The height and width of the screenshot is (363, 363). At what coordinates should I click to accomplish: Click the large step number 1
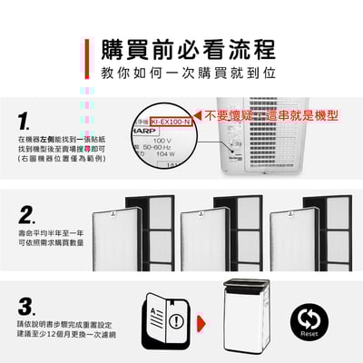[x=25, y=121]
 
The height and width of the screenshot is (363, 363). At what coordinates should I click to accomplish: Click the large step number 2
[x=27, y=215]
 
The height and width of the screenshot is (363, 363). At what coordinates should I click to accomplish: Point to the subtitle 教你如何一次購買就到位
[x=181, y=71]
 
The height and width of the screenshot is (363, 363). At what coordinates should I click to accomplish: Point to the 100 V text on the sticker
[x=162, y=141]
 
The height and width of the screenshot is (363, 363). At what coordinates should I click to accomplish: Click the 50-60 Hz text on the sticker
[x=163, y=148]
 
